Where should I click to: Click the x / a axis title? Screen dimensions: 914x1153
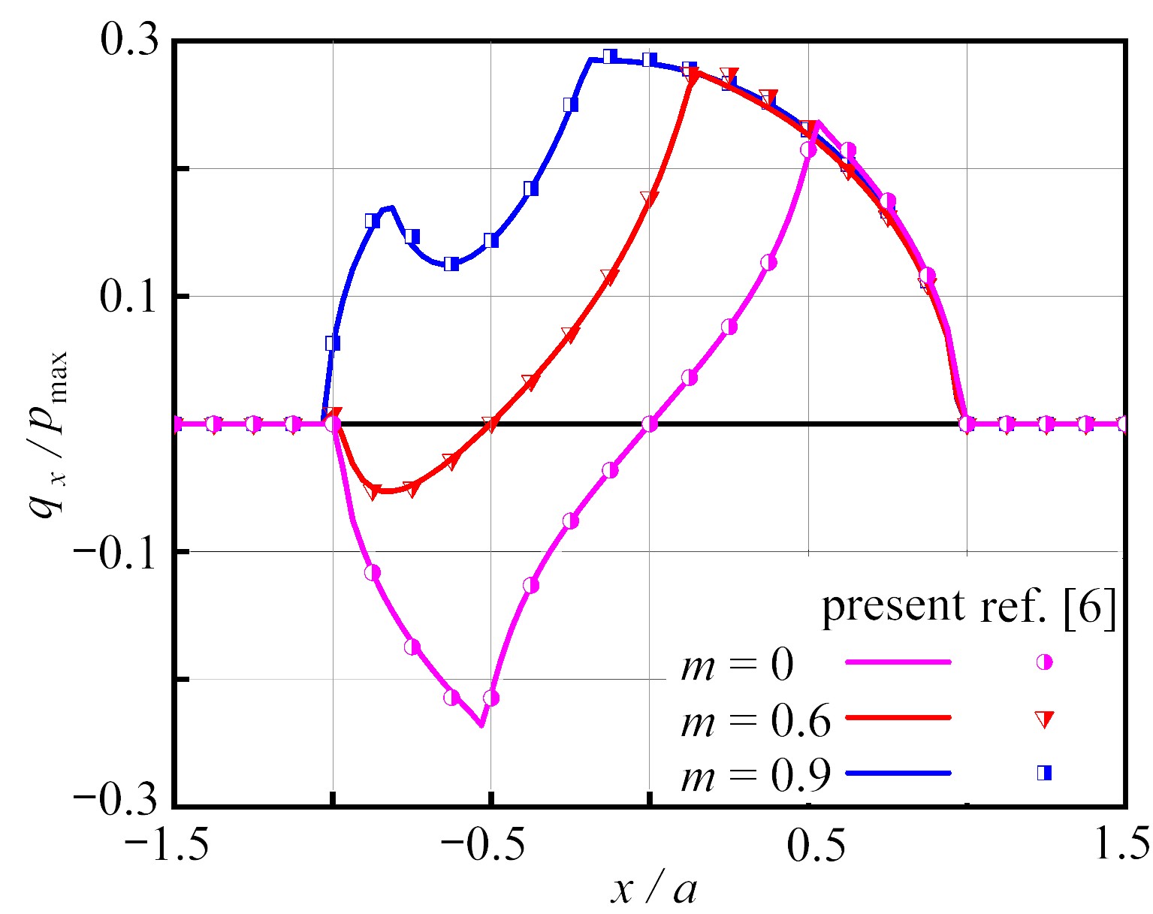653,890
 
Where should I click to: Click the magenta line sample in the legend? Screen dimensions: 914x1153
898,662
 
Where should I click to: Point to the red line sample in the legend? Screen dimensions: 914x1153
898,718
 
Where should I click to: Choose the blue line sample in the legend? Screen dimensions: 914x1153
898,773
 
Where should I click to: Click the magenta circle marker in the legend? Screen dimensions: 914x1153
1044,662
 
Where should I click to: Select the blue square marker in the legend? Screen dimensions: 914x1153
1044,773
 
